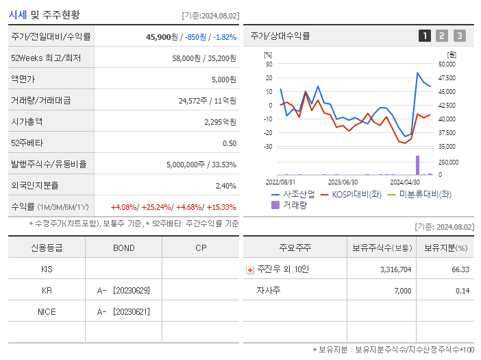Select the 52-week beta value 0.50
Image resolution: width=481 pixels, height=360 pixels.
pyautogui.click(x=229, y=143)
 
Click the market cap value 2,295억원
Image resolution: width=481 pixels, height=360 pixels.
pyautogui.click(x=220, y=122)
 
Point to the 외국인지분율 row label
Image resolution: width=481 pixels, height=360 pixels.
pyautogui.click(x=35, y=186)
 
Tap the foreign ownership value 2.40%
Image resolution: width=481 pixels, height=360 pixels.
pyautogui.click(x=225, y=186)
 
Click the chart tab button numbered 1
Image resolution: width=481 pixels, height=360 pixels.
pyautogui.click(x=425, y=36)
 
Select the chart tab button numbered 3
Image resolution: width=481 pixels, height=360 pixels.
pyautogui.click(x=459, y=36)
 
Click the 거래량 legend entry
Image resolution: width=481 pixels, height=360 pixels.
pyautogui.click(x=293, y=204)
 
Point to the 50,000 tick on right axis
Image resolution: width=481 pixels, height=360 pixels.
pyautogui.click(x=446, y=64)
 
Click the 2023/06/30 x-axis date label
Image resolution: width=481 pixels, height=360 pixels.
pyautogui.click(x=343, y=182)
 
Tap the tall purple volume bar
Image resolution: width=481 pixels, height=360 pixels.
pyautogui.click(x=417, y=165)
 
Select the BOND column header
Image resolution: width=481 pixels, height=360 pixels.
pyautogui.click(x=123, y=248)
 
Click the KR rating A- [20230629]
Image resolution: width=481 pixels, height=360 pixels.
pyautogui.click(x=123, y=291)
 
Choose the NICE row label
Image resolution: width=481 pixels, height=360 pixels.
pyautogui.click(x=47, y=312)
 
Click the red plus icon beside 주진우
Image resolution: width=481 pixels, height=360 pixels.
pyautogui.click(x=250, y=270)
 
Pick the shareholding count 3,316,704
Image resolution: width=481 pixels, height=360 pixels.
pyautogui.click(x=395, y=269)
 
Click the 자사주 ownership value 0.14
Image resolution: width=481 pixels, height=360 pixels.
pyautogui.click(x=462, y=291)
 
